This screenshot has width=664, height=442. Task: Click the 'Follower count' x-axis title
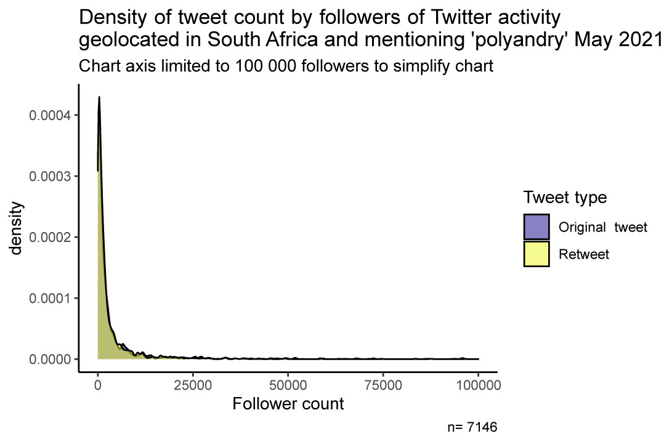click(x=288, y=404)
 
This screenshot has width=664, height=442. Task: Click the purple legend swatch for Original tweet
click(x=536, y=227)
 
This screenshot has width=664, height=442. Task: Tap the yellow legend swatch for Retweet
click(x=536, y=254)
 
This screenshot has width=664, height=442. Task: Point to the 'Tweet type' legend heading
click(x=565, y=198)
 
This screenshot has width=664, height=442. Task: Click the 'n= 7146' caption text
click(x=472, y=426)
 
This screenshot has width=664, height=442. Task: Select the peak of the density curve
click(x=99, y=97)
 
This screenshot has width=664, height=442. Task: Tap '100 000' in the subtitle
click(x=259, y=66)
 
